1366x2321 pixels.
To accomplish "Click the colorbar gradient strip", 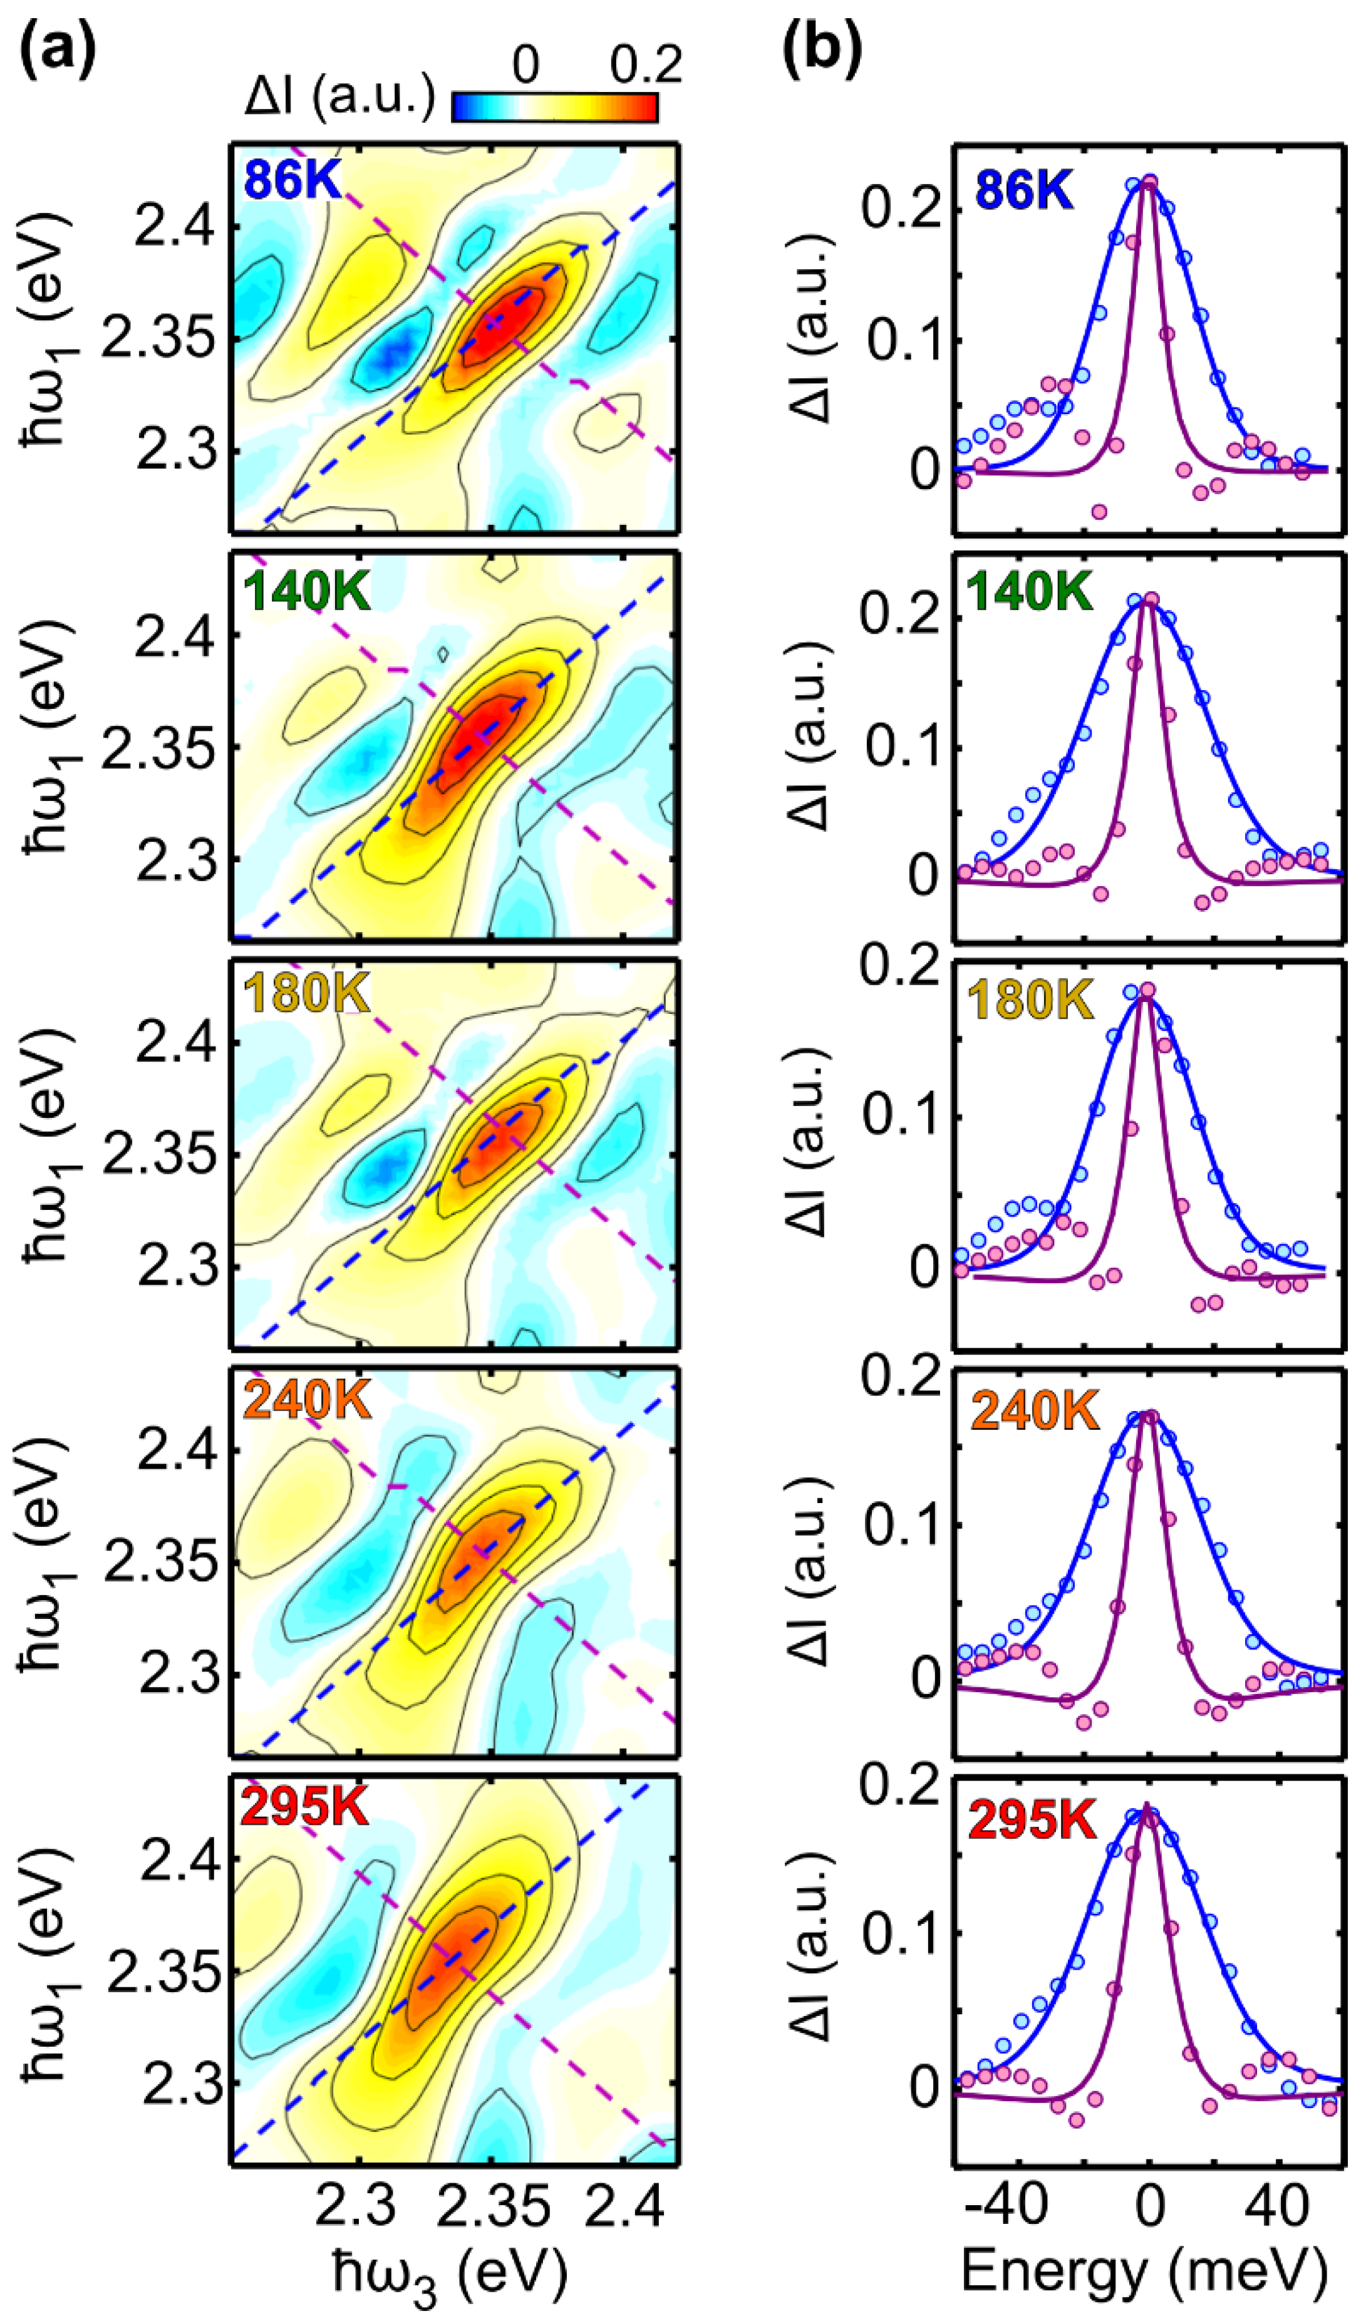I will pyautogui.click(x=554, y=108).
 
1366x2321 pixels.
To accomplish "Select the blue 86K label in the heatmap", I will pyautogui.click(x=293, y=180).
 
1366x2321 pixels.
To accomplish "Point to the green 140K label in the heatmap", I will pyautogui.click(x=308, y=589).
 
